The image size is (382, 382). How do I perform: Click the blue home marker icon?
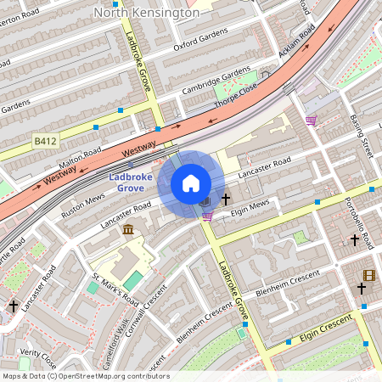pyautogui.click(x=191, y=183)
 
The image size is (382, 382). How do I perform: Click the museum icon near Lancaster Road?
pyautogui.click(x=127, y=230)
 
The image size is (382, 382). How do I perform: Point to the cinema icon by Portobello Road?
pyautogui.click(x=368, y=274)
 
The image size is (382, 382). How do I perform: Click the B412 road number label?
pyautogui.click(x=46, y=139)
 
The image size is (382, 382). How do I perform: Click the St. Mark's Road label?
pyautogui.click(x=116, y=289)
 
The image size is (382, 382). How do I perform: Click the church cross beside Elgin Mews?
pyautogui.click(x=226, y=199)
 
